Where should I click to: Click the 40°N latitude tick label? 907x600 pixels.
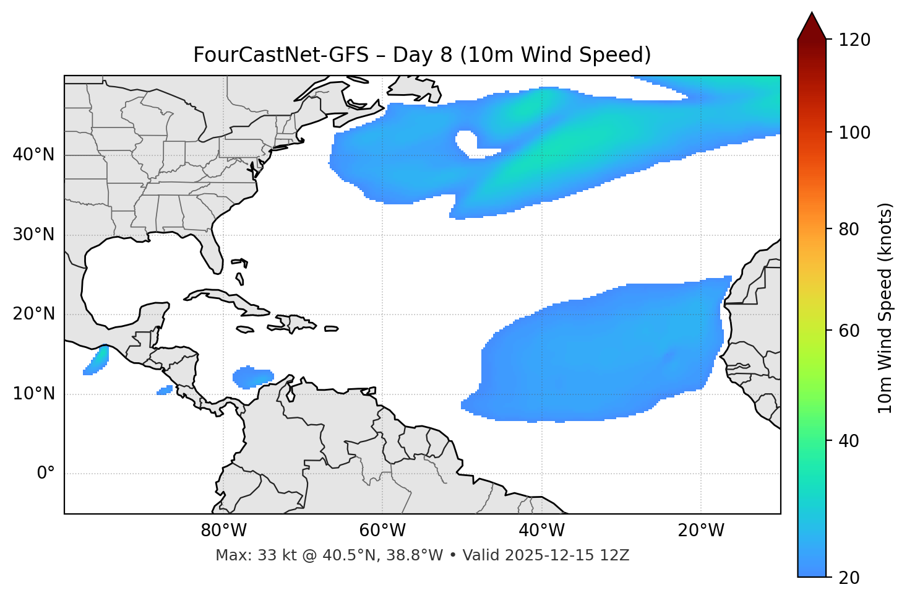(x=33, y=155)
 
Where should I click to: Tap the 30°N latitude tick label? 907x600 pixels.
(x=33, y=235)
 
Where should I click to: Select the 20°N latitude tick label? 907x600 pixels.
(x=33, y=314)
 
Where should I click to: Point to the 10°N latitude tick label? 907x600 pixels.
(x=33, y=394)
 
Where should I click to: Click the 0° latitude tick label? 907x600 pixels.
(x=46, y=474)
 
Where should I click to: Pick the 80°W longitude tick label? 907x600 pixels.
(x=223, y=531)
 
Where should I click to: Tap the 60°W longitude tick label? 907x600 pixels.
(x=382, y=531)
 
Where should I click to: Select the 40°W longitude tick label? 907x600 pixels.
(x=541, y=531)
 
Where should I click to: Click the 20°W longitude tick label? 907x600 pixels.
(x=701, y=531)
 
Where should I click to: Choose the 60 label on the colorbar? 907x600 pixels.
(x=851, y=331)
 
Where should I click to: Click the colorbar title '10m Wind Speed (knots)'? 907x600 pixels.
(x=885, y=308)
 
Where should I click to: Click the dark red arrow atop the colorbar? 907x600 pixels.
(x=812, y=27)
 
